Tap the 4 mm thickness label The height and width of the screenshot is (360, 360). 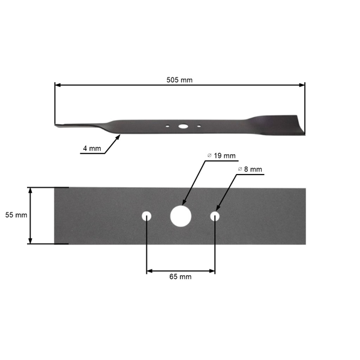tap(91, 149)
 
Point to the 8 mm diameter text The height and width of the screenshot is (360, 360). tap(250, 169)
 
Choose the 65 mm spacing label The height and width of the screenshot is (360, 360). tap(181, 277)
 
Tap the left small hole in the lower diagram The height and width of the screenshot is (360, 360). tap(147, 216)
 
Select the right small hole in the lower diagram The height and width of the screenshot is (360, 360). tap(215, 216)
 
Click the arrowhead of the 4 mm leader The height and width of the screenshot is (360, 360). tap(119, 136)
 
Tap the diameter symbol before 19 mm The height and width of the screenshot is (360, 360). tap(209, 155)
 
